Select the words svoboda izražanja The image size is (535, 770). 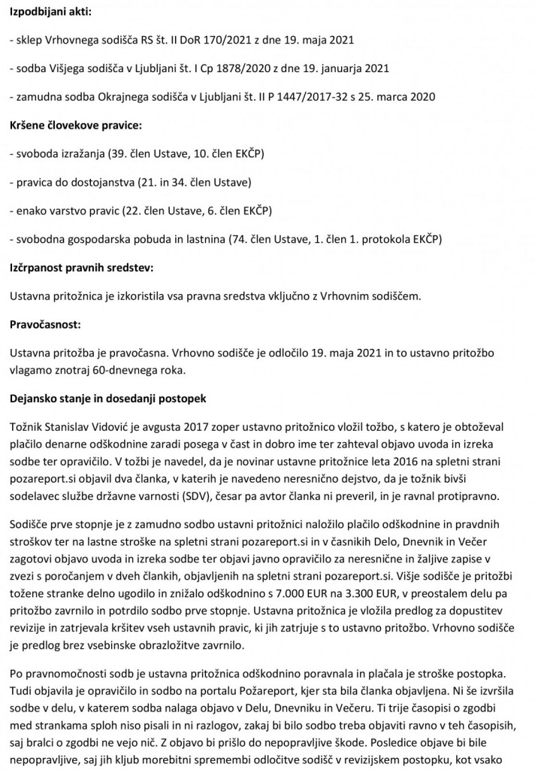(60, 153)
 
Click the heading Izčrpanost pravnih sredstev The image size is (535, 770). (84, 268)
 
